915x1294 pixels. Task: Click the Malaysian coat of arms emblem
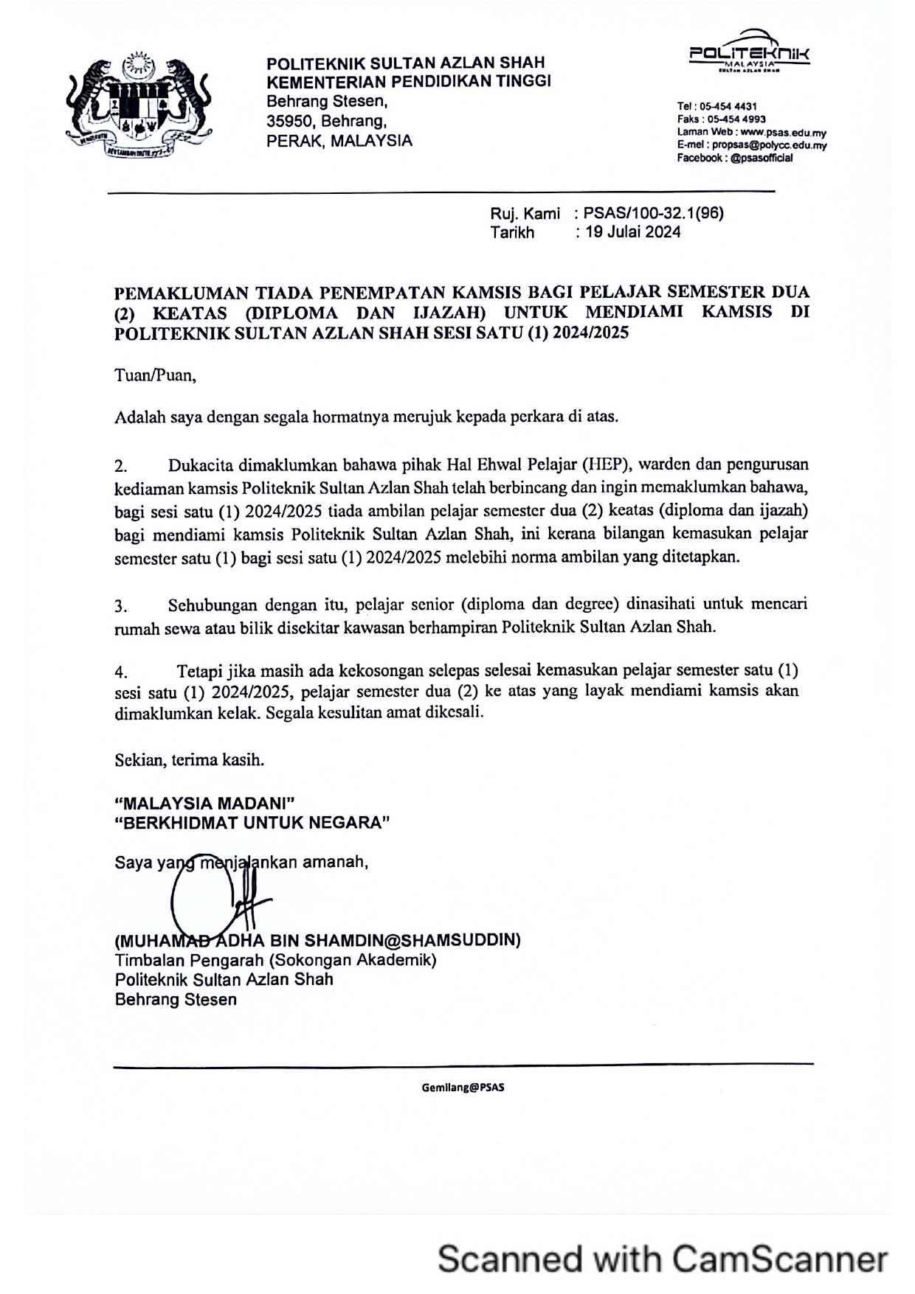pyautogui.click(x=138, y=103)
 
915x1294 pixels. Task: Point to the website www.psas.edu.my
pyautogui.click(x=783, y=132)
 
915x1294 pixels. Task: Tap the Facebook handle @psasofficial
pyautogui.click(x=762, y=158)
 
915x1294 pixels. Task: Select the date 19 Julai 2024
pyautogui.click(x=632, y=232)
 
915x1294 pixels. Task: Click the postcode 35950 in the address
pyautogui.click(x=289, y=121)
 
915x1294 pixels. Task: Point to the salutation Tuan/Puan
pyautogui.click(x=155, y=375)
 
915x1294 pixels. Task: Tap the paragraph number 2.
pyautogui.click(x=121, y=467)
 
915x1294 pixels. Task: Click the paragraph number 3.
pyautogui.click(x=121, y=607)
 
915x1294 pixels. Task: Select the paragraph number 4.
pyautogui.click(x=121, y=672)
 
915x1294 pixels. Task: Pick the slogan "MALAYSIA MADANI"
pyautogui.click(x=205, y=803)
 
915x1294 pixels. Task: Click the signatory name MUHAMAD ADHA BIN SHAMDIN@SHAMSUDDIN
pyautogui.click(x=318, y=941)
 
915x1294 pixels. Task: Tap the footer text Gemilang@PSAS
pyautogui.click(x=463, y=1088)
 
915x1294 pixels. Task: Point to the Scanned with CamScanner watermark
pyautogui.click(x=662, y=1259)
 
